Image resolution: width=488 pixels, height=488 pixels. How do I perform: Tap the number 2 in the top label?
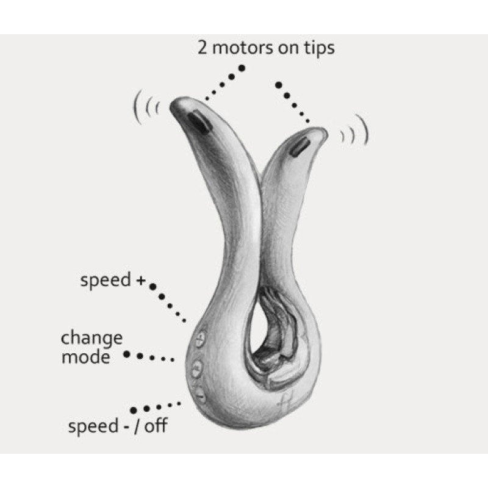[x=203, y=48]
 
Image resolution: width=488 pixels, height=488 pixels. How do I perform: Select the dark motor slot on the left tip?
[x=198, y=123]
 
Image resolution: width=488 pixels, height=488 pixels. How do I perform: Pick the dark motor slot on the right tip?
[x=300, y=147]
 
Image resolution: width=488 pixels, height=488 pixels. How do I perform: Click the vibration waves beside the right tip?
[x=355, y=131]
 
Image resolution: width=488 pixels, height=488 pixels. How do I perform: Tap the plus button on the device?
[x=200, y=337]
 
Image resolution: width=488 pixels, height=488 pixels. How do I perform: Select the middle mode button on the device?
[x=196, y=368]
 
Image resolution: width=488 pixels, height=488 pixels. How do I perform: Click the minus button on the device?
[x=201, y=395]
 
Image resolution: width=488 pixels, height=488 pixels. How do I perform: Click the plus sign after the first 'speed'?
[x=141, y=281]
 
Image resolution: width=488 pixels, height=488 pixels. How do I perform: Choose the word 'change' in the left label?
[x=92, y=339]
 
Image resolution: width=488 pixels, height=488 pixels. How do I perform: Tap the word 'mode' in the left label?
[x=85, y=357]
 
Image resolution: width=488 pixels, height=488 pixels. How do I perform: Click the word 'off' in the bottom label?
[x=156, y=425]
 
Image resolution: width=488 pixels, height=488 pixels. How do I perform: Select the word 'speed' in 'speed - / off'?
[x=93, y=426]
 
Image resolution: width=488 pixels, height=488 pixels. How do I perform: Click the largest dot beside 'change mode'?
[x=126, y=354]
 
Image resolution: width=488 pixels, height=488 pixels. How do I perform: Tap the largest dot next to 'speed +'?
[x=153, y=287]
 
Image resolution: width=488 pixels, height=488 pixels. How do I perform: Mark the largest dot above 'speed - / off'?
[x=133, y=411]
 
